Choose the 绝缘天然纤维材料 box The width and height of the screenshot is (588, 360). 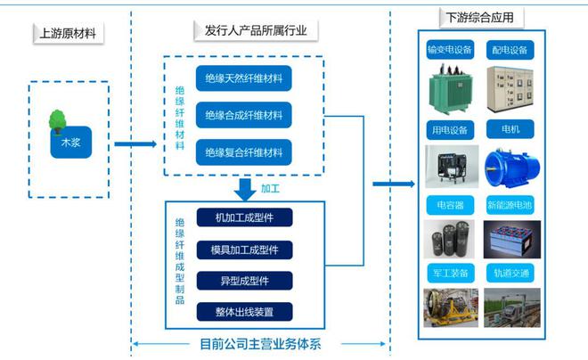[243, 78]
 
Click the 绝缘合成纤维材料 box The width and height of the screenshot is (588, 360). [243, 115]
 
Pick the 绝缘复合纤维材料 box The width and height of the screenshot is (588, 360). [243, 151]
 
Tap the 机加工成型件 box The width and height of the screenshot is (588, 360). [243, 218]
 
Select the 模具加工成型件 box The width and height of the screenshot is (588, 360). [243, 250]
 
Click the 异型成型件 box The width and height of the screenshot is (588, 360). [243, 281]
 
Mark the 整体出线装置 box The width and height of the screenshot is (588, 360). [243, 312]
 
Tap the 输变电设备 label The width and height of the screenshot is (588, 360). [448, 49]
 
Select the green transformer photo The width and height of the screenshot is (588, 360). [448, 90]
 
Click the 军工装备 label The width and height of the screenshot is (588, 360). [448, 272]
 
